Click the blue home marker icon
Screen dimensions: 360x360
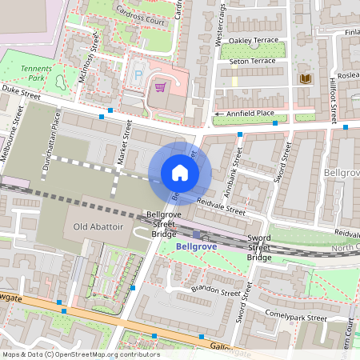pos(180,173)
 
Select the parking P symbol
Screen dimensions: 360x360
pos(138,74)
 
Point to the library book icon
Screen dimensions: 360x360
pos(305,78)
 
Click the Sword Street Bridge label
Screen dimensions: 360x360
pos(259,248)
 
